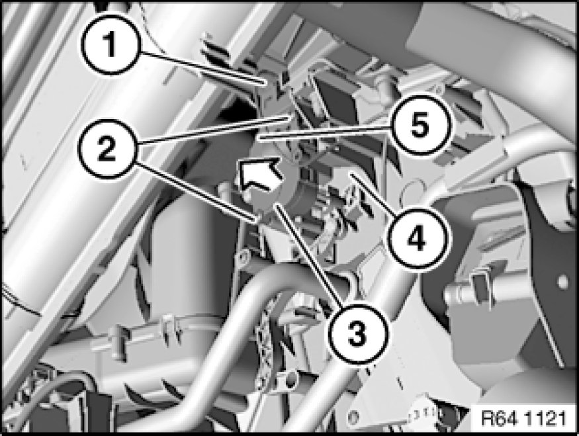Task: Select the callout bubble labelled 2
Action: (x=107, y=149)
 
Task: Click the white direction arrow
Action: (x=260, y=173)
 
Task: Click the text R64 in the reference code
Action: (x=498, y=418)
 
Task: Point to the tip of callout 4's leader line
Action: (x=348, y=173)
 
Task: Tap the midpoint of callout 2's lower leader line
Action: (x=195, y=192)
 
